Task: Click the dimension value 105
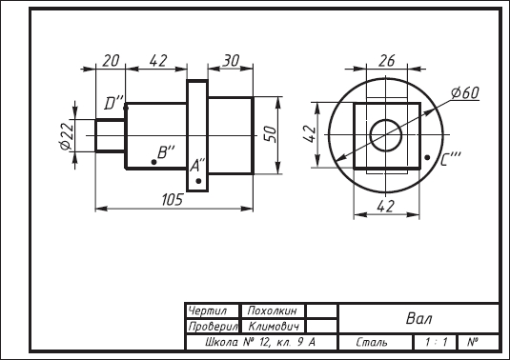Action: click(x=173, y=199)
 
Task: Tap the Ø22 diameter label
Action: click(x=67, y=136)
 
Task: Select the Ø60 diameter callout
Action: click(x=465, y=93)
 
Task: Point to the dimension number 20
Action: click(x=111, y=61)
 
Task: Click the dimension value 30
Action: click(x=232, y=61)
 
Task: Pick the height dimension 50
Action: click(x=270, y=134)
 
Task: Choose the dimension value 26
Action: click(x=387, y=61)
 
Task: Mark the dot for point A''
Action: click(x=198, y=181)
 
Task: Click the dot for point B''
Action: click(x=153, y=162)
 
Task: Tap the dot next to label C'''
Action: click(x=427, y=157)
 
